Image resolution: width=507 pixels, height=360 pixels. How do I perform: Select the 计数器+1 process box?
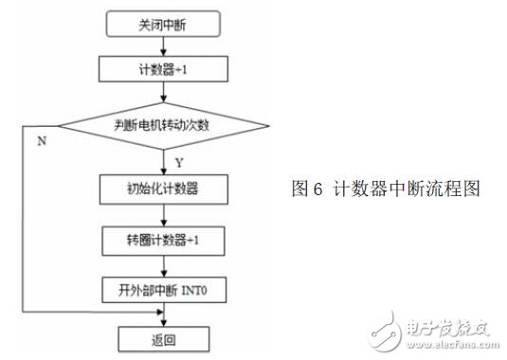pyautogui.click(x=166, y=68)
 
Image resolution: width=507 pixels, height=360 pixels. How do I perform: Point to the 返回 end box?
pyautogui.click(x=166, y=336)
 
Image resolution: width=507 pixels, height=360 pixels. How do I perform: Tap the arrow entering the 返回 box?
pyautogui.click(x=166, y=315)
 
